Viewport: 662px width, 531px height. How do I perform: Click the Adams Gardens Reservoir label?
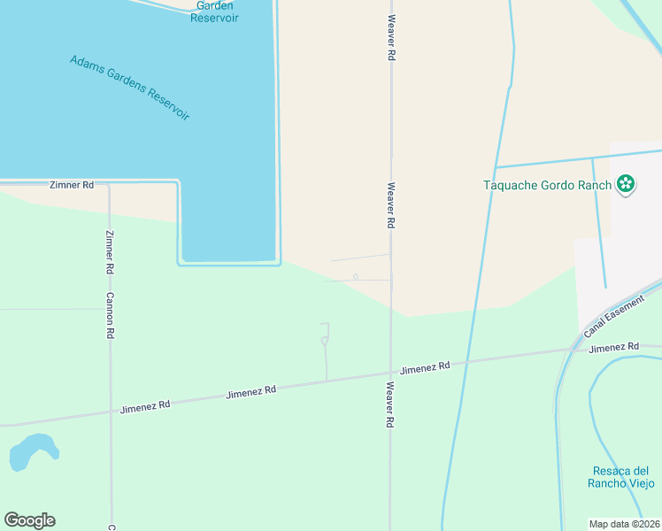coord(129,88)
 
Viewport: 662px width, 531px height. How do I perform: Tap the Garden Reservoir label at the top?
coord(214,12)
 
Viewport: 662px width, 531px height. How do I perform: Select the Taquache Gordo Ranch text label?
coord(547,185)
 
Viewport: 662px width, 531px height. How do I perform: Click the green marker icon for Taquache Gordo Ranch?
coord(626,184)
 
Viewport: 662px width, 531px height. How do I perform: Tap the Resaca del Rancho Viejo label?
coord(621,477)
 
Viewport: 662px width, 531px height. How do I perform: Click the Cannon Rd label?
coord(111,316)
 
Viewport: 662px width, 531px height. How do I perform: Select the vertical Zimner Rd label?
coord(110,251)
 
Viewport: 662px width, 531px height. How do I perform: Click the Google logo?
coord(29,520)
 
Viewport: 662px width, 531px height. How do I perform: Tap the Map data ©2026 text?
coord(625,524)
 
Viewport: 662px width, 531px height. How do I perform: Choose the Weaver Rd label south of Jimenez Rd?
coord(389,405)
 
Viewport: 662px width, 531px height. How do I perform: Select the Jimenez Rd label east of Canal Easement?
coord(613,348)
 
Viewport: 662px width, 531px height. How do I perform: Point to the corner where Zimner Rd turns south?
coord(109,185)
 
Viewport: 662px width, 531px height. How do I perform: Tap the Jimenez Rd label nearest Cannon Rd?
coord(145,406)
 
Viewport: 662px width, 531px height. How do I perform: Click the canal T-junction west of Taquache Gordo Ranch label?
coord(495,167)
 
